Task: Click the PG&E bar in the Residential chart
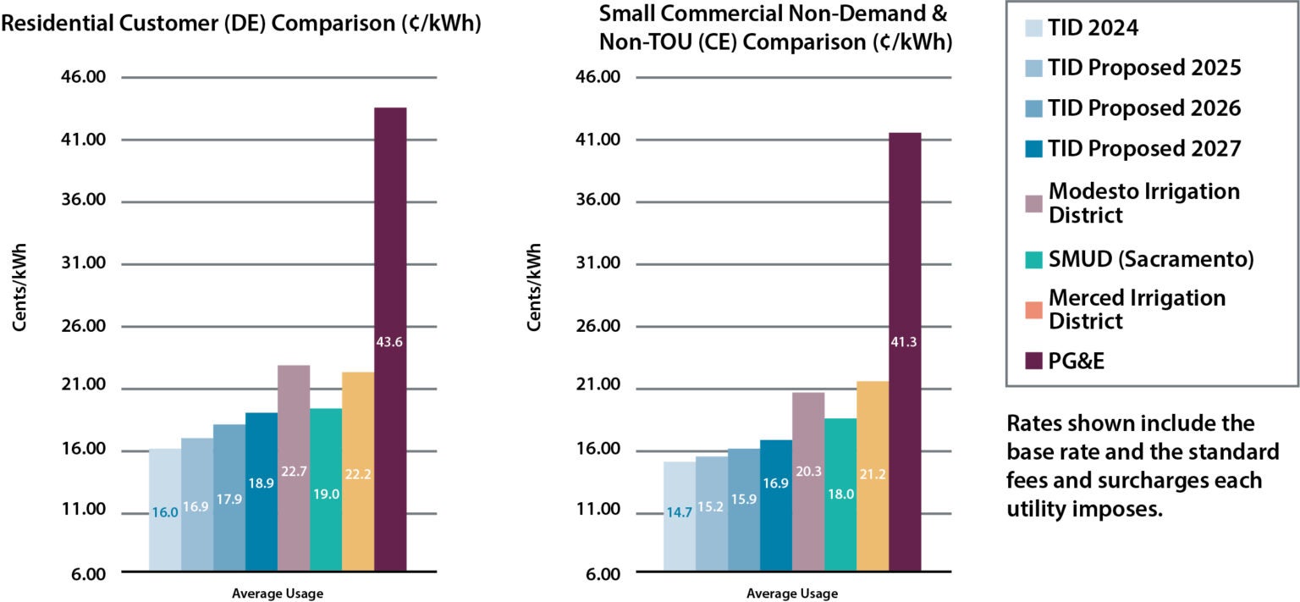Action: tap(390, 339)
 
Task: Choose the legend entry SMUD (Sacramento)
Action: tap(1150, 259)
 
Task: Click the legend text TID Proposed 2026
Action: tap(1144, 108)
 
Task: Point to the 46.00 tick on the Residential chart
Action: tap(82, 77)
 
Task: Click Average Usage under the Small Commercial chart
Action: tap(792, 594)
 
